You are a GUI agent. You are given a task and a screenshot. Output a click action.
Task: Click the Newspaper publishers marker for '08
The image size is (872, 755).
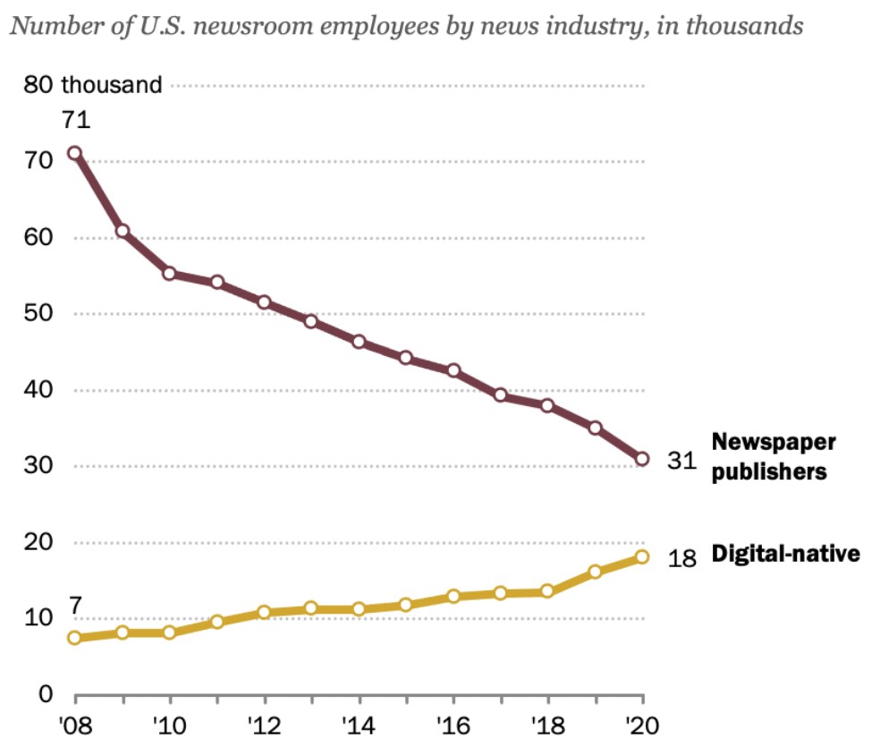tap(75, 153)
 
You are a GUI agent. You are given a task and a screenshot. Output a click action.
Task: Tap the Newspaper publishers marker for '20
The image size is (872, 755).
tap(642, 459)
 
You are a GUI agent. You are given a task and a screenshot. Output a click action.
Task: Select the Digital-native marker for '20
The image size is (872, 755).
tap(642, 557)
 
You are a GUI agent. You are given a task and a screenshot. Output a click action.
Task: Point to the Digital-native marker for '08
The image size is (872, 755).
tap(75, 638)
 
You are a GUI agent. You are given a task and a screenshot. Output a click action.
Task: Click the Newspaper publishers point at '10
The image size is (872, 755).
tap(170, 273)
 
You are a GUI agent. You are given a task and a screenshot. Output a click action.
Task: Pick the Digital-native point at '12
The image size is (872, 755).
tap(264, 613)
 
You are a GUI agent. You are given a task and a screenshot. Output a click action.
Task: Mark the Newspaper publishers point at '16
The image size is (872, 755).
tap(453, 370)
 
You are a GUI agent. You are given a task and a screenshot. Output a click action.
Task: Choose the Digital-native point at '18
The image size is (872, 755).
tap(547, 591)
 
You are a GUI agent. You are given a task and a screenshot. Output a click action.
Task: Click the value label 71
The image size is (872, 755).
tap(75, 120)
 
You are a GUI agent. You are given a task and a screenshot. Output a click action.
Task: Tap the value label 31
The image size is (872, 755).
tap(681, 461)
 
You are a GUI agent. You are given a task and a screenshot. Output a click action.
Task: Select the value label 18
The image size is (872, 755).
tap(681, 557)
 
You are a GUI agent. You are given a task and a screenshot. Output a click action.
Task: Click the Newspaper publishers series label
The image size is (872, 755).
tap(774, 456)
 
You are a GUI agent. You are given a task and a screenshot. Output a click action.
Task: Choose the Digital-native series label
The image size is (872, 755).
tap(785, 554)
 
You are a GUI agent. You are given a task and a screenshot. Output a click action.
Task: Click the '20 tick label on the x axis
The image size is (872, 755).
tap(641, 725)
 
